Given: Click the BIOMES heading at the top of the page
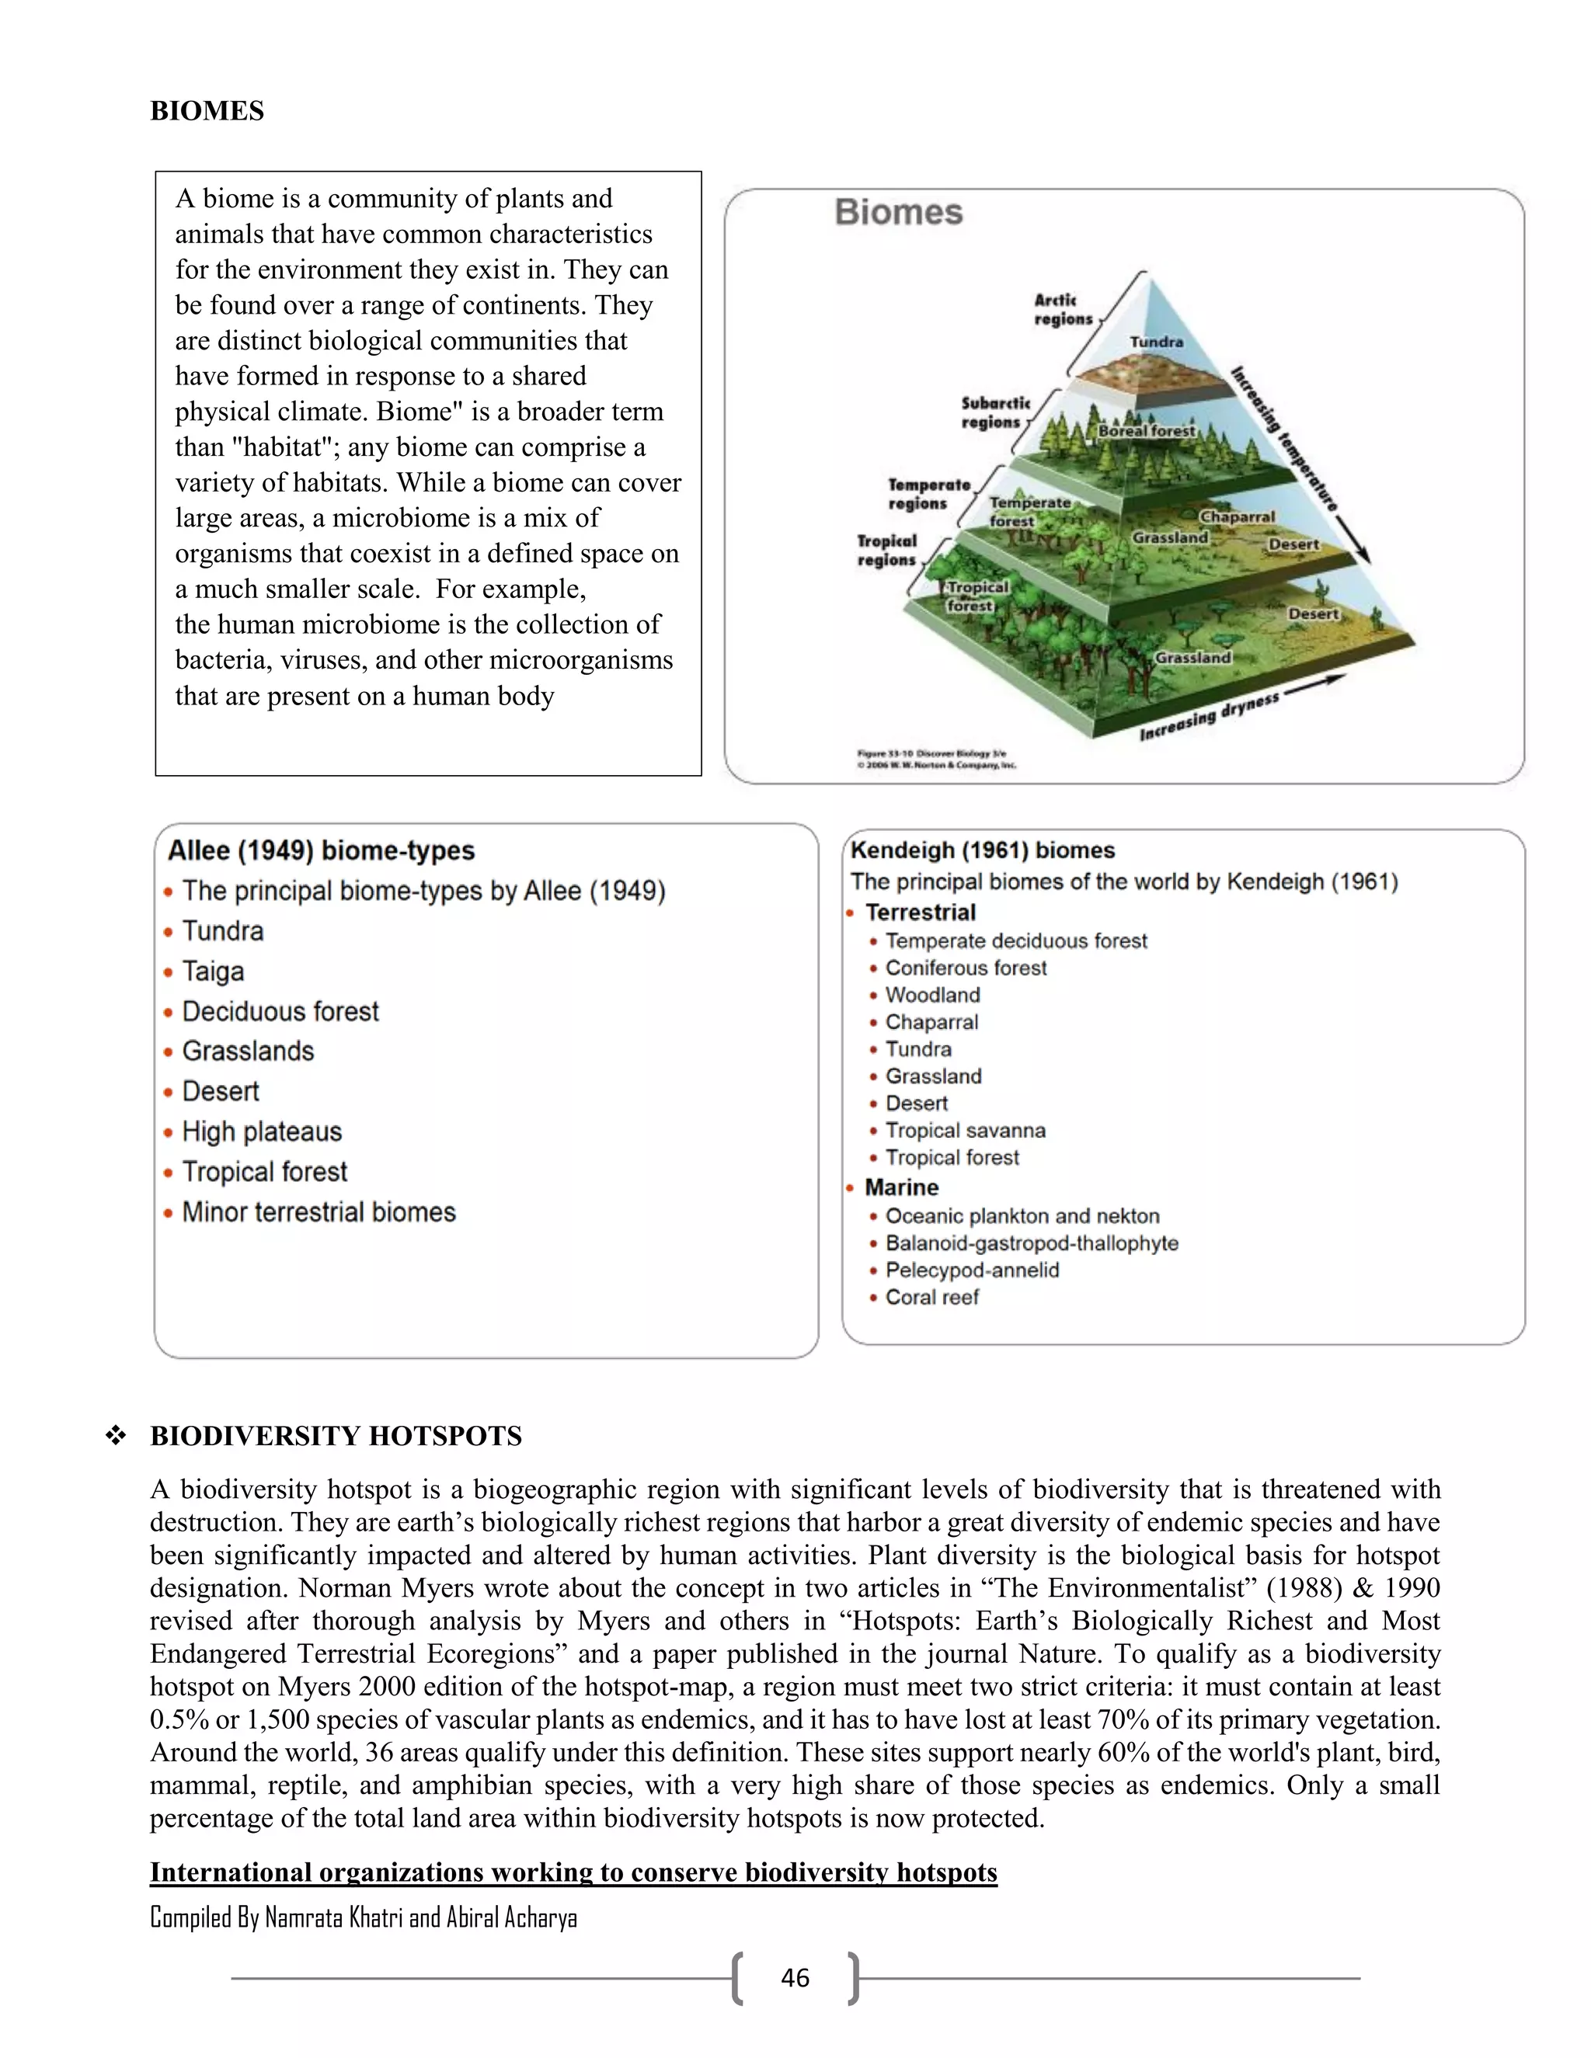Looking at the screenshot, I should click(x=207, y=111).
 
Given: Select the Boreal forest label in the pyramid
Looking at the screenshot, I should click(x=1146, y=431).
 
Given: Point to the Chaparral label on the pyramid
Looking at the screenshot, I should click(x=1237, y=516).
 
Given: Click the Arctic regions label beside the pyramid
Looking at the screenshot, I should click(x=1061, y=309).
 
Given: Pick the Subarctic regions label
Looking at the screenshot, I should click(x=995, y=412).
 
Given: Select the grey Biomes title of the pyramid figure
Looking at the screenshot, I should click(x=898, y=212).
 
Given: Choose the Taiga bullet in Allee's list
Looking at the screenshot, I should click(x=213, y=972).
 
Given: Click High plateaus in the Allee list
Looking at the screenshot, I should click(x=262, y=1132).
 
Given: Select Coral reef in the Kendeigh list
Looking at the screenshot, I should click(x=931, y=1298).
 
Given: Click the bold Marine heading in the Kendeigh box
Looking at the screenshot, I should click(x=901, y=1187).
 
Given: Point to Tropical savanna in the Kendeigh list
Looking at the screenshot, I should click(x=965, y=1131).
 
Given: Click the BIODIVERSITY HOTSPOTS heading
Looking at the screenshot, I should click(x=336, y=1436).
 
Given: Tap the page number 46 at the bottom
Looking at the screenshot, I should click(x=795, y=1978).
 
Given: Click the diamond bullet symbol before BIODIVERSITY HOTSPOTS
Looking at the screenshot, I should click(x=116, y=1436).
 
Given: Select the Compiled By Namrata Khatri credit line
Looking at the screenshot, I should click(x=363, y=1917).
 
